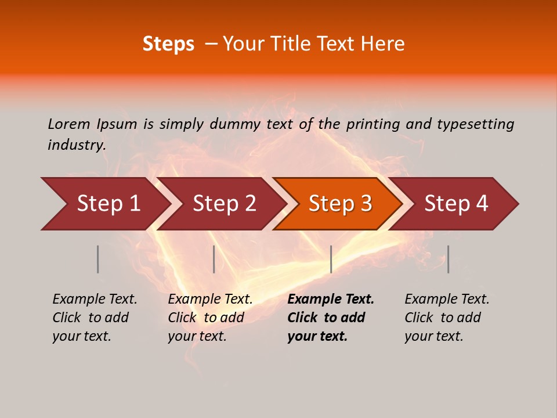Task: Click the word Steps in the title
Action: [168, 44]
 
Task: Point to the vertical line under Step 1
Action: [98, 259]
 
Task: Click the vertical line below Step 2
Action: [214, 259]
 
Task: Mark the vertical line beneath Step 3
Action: [331, 259]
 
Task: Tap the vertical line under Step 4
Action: [448, 259]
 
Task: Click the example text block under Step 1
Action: [95, 318]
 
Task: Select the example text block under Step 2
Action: [210, 318]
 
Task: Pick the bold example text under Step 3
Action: [331, 318]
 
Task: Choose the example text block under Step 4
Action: [447, 318]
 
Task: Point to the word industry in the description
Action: [76, 145]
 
